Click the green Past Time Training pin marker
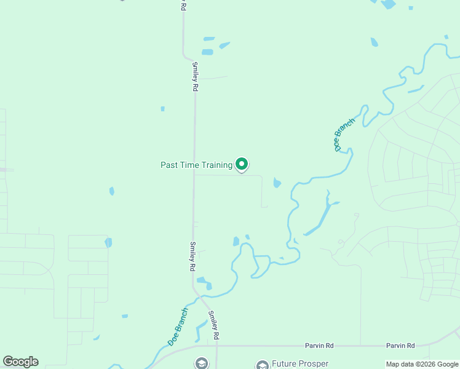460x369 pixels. click(x=242, y=164)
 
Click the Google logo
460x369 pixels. click(x=20, y=362)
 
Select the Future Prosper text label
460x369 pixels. click(x=300, y=364)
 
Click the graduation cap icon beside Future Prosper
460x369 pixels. click(x=263, y=365)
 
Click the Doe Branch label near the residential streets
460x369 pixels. click(x=344, y=134)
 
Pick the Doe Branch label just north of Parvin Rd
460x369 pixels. click(x=178, y=326)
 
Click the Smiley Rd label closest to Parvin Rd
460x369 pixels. click(x=213, y=325)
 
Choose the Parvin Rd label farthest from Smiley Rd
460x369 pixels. click(x=400, y=346)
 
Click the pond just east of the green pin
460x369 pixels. click(x=277, y=183)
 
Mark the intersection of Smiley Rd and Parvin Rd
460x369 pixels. click(x=216, y=346)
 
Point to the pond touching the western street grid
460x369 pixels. click(x=108, y=242)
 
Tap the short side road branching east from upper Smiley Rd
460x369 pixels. click(x=212, y=78)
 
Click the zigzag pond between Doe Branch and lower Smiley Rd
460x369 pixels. click(x=200, y=330)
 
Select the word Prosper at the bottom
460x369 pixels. click(x=312, y=364)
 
